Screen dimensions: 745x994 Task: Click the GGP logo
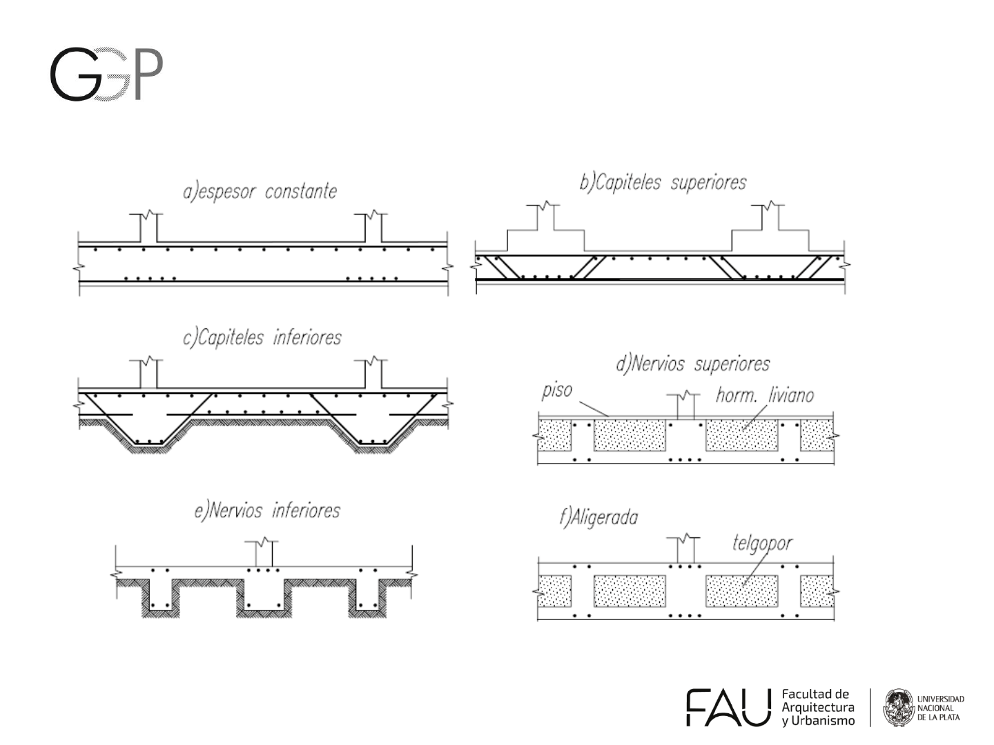(106, 74)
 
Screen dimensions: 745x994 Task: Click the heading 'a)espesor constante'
(260, 190)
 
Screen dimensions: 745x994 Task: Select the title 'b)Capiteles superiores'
(663, 182)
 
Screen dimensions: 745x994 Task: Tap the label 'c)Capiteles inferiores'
(262, 337)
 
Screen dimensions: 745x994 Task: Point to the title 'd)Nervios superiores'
(692, 364)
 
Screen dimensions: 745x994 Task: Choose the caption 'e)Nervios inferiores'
(267, 510)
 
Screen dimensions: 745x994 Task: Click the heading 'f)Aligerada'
(598, 517)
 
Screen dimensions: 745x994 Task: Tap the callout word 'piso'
(556, 390)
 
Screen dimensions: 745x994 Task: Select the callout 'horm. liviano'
(764, 395)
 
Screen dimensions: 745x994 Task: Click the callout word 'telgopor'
(762, 543)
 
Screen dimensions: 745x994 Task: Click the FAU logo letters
(728, 707)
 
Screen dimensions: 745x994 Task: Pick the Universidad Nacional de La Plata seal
(898, 707)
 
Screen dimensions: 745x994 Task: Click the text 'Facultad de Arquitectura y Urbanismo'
(817, 707)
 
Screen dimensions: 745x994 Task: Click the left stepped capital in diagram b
(545, 235)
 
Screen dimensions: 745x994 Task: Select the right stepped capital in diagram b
(770, 235)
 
